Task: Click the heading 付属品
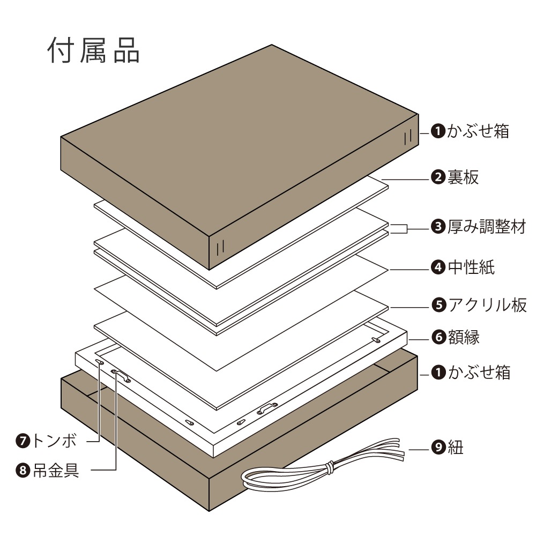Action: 94,51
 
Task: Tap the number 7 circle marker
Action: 24,441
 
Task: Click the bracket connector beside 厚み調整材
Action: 399,228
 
